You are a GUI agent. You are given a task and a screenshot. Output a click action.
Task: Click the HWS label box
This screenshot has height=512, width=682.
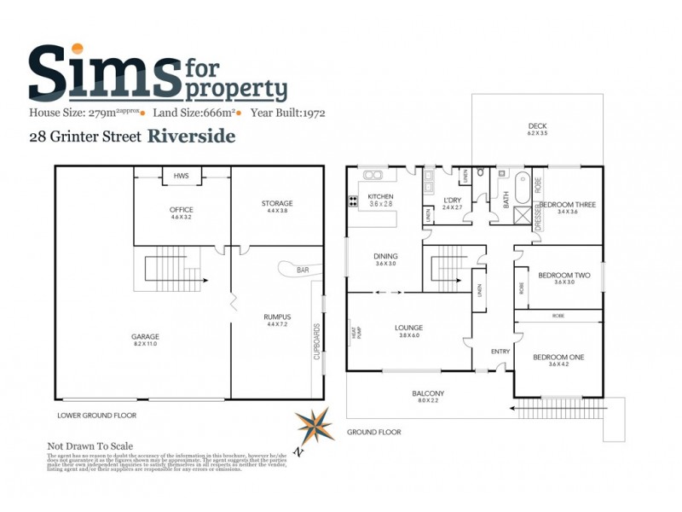click(181, 175)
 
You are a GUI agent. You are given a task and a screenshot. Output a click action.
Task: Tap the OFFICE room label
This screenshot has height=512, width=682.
click(182, 210)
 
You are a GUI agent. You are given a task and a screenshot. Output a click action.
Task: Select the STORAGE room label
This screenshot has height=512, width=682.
click(277, 203)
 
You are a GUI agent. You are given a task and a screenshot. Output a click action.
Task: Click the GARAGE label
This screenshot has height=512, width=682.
click(145, 336)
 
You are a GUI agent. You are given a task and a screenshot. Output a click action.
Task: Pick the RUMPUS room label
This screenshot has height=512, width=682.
click(277, 317)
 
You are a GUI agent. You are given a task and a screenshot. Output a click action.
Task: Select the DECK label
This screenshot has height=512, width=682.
click(536, 125)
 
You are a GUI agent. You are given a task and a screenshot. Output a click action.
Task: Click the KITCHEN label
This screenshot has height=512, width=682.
click(380, 196)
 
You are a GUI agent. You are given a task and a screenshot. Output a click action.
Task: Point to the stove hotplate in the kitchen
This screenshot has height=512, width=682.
click(352, 202)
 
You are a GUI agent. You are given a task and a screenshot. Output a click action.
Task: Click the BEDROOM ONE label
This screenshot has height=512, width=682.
click(558, 357)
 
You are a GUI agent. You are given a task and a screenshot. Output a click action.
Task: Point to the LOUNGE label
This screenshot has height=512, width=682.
click(409, 328)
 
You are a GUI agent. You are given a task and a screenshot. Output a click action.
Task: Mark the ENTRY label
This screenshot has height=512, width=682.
click(500, 352)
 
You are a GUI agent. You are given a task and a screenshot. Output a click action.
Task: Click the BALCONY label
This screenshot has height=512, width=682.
click(428, 393)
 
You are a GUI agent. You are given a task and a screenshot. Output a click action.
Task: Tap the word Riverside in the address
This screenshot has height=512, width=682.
click(192, 135)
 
